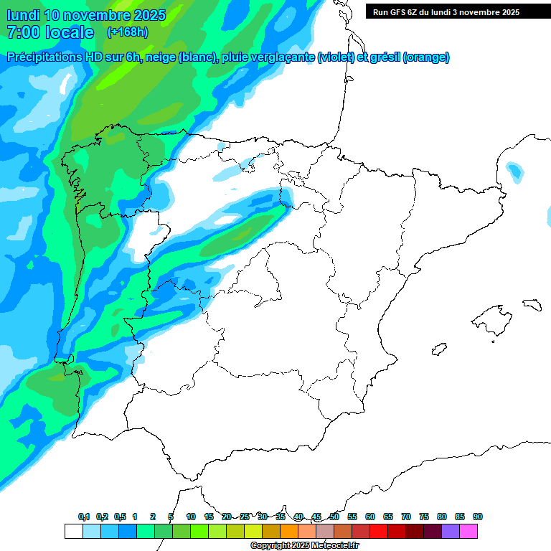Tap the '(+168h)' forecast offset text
127,32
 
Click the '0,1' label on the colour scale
84,517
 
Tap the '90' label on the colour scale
477,517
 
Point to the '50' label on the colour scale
334,517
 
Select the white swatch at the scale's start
73,531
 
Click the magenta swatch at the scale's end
468,531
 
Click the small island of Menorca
532,304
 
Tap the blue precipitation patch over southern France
514,171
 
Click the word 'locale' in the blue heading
68,32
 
